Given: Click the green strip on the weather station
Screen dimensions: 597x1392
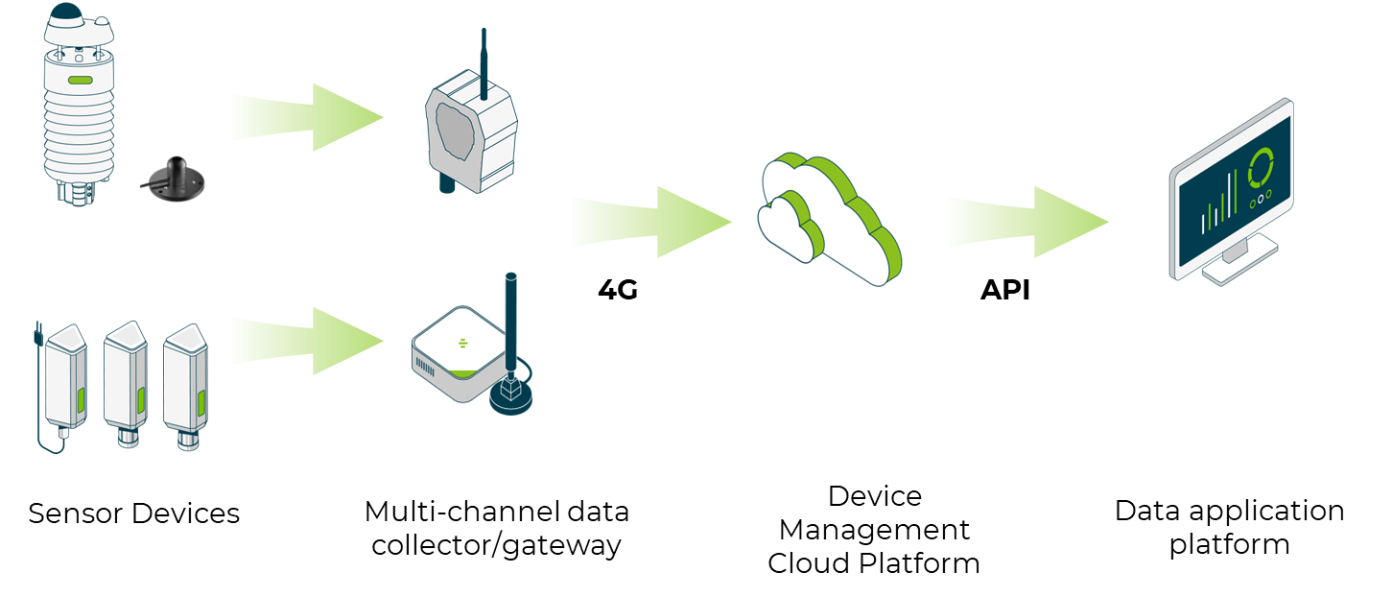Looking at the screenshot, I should pos(80,81).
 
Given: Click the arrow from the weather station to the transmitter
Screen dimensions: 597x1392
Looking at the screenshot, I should pos(307,117).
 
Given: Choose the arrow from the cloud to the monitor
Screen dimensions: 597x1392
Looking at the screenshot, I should pos(1027,222).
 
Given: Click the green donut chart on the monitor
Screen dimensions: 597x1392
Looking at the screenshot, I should pos(1261,168).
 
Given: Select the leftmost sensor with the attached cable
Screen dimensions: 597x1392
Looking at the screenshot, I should pos(66,380).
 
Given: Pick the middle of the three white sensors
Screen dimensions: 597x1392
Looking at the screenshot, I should pos(126,380).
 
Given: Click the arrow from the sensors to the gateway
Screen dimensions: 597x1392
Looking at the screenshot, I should pos(307,341).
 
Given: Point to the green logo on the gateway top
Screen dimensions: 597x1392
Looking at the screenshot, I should pos(463,343).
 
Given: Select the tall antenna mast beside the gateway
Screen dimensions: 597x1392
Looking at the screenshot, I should pos(512,317).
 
